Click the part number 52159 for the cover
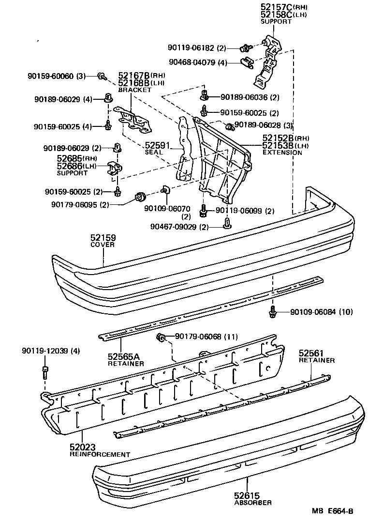103,238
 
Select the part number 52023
83,447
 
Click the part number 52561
310,353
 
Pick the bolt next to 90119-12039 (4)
45,372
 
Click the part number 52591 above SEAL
158,145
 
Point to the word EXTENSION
282,153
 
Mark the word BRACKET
134,90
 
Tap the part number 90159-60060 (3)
56,76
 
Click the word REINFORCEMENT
100,455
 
